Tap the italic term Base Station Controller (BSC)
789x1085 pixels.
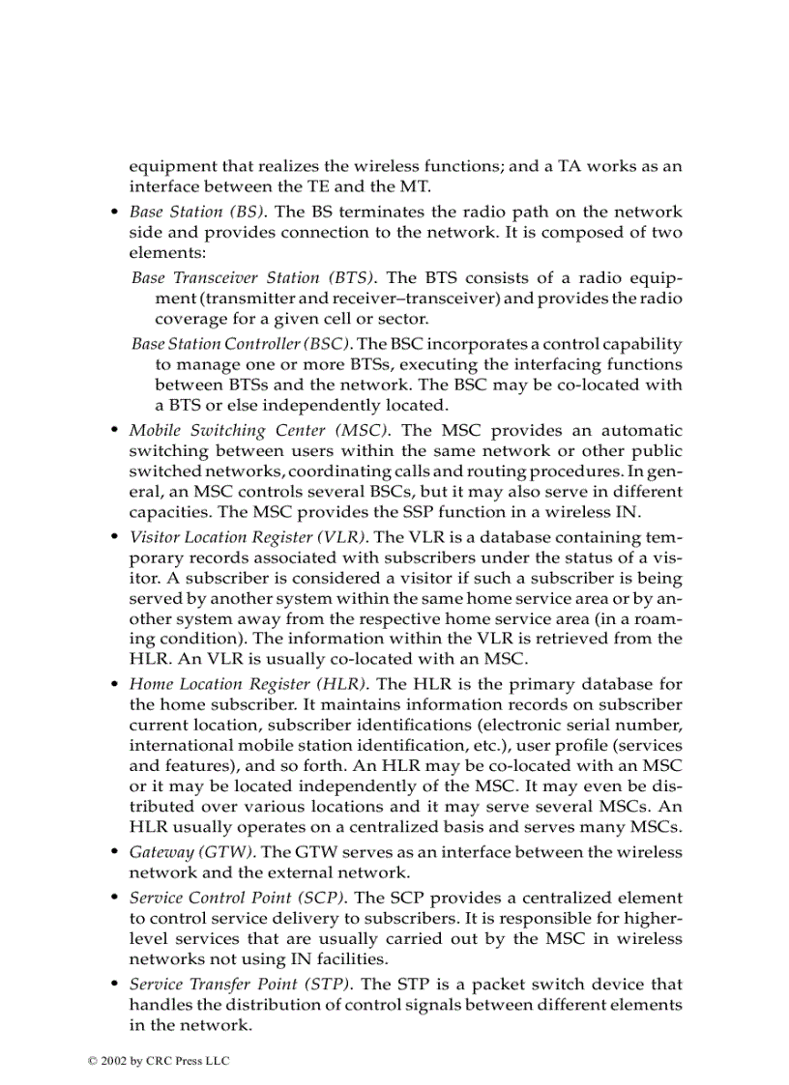point(243,343)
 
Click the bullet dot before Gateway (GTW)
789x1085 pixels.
point(115,853)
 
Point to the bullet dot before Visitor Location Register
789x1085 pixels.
point(115,537)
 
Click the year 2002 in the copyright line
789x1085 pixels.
point(114,1061)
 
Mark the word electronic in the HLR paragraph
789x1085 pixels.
point(539,726)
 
